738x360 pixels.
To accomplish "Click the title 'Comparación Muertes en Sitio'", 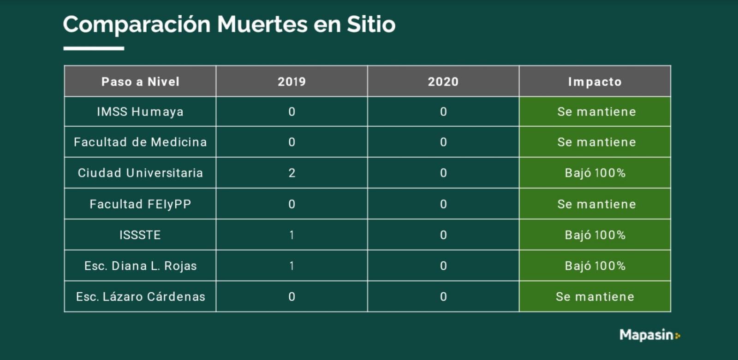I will (229, 24).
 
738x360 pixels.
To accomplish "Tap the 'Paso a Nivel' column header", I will (140, 82).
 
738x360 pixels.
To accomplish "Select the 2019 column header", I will (292, 82).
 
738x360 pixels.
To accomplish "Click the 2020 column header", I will (443, 82).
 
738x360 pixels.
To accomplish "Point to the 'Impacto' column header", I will (595, 82).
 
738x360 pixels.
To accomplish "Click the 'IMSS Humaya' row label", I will (140, 112).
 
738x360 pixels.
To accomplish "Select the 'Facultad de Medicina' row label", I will (140, 142).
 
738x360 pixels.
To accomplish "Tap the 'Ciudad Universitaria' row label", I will (140, 173).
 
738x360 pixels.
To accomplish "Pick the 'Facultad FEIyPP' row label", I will (140, 204).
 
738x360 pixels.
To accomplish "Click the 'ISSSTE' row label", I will (140, 235).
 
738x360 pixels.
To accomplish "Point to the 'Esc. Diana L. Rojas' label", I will (140, 266).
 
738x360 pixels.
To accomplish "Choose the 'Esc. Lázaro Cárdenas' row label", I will (140, 297).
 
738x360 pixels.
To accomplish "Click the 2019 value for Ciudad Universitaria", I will (292, 173).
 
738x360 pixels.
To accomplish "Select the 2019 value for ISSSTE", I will (292, 235).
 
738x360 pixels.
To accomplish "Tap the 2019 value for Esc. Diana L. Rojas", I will (292, 266).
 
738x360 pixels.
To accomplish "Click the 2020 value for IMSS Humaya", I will (443, 112).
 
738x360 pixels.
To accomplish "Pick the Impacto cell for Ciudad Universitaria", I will (595, 173).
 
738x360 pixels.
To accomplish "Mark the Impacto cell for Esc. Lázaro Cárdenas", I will (595, 297).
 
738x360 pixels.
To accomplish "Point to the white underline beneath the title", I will (94, 48).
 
